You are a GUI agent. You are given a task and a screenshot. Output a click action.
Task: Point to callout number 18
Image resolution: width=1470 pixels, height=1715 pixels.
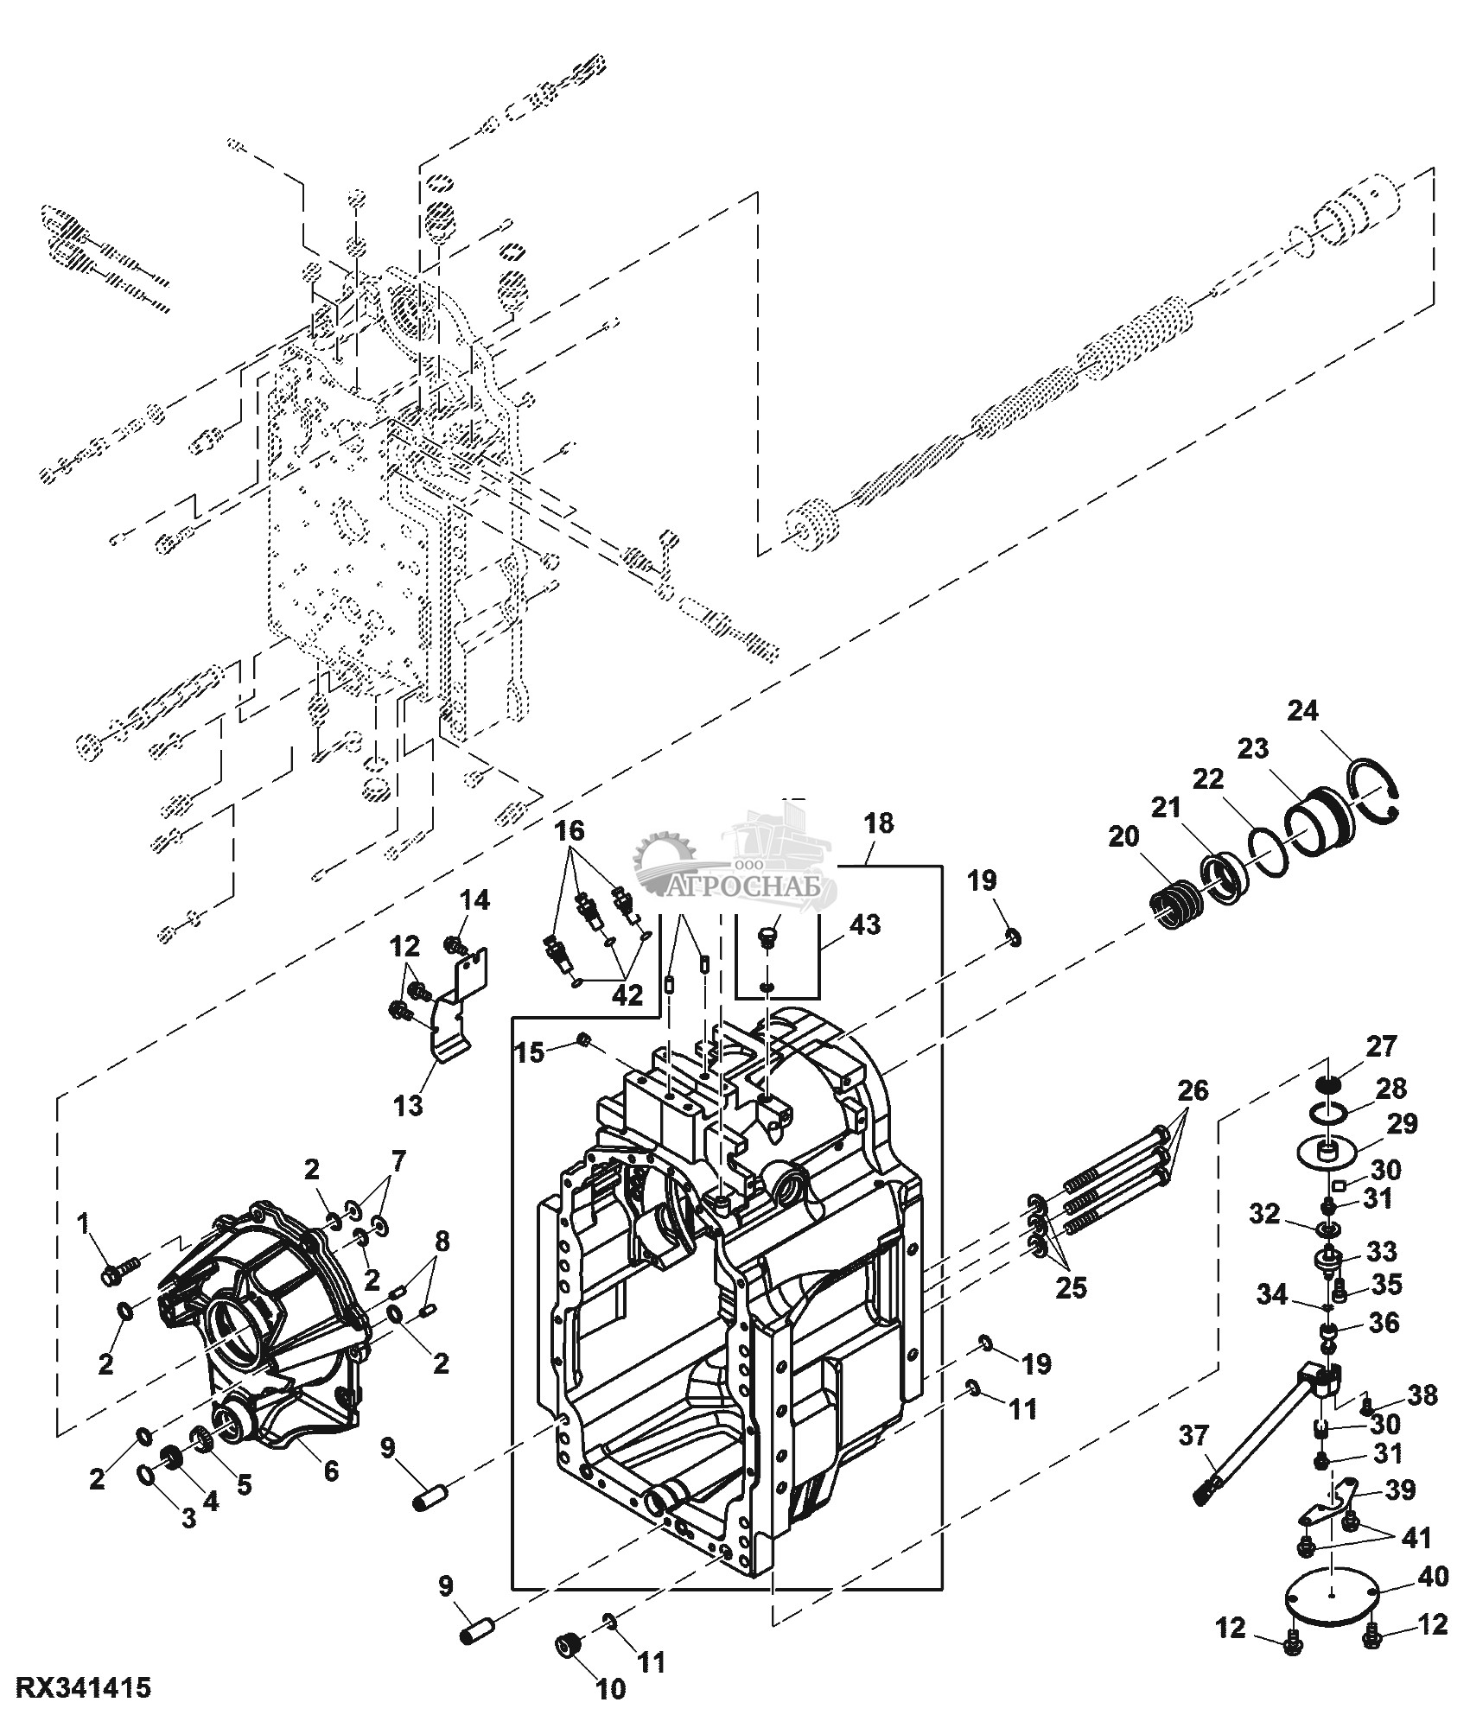pos(879,823)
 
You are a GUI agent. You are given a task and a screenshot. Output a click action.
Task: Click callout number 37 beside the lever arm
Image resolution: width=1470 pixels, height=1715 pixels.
pos(1196,1434)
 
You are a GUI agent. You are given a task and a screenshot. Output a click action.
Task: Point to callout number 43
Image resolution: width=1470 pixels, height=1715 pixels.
pos(864,924)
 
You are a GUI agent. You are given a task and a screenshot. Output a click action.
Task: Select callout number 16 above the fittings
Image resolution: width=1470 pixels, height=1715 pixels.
pos(569,831)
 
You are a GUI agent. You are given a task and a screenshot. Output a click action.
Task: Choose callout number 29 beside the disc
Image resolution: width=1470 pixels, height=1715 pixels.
pos(1402,1124)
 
